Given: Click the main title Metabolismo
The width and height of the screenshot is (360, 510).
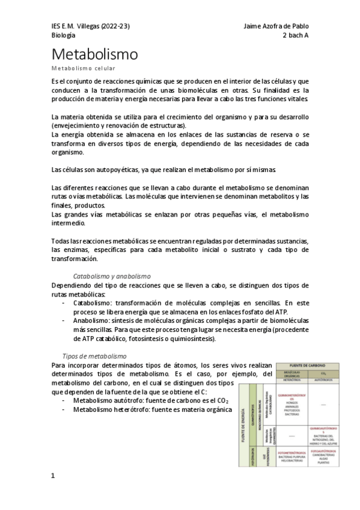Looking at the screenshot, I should (94, 55).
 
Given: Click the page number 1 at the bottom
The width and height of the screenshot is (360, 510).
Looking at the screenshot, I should (53, 493).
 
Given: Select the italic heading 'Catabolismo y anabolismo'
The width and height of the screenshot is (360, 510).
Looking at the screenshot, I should (106, 276).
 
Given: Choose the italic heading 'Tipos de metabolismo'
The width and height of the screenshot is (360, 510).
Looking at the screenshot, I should (94, 356).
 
